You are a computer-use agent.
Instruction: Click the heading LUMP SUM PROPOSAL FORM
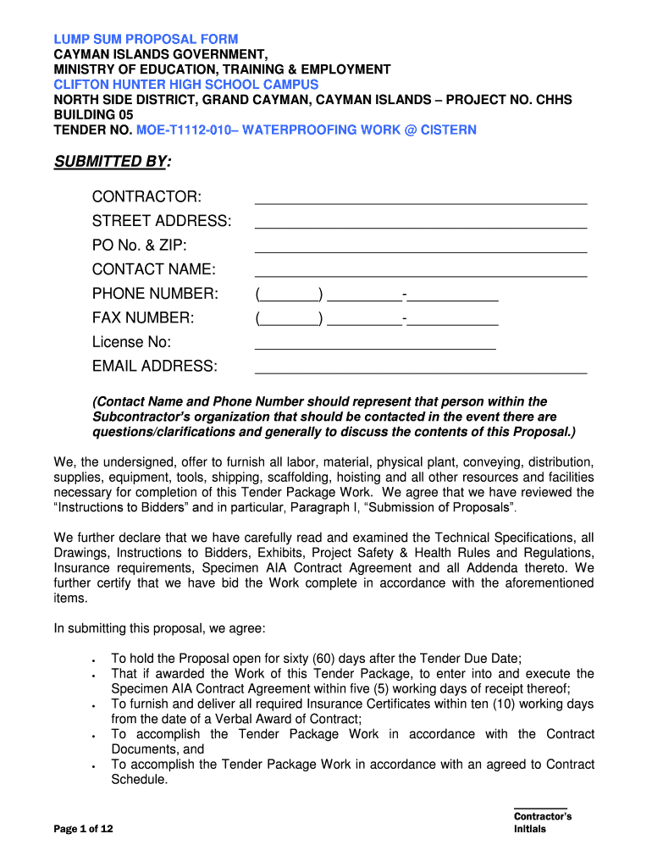146,39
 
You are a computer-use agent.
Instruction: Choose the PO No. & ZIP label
140,246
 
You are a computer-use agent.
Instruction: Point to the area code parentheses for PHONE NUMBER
289,295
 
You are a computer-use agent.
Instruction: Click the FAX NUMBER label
143,318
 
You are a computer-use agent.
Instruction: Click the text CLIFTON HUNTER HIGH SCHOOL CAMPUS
186,85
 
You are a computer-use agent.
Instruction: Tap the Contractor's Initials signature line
540,807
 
